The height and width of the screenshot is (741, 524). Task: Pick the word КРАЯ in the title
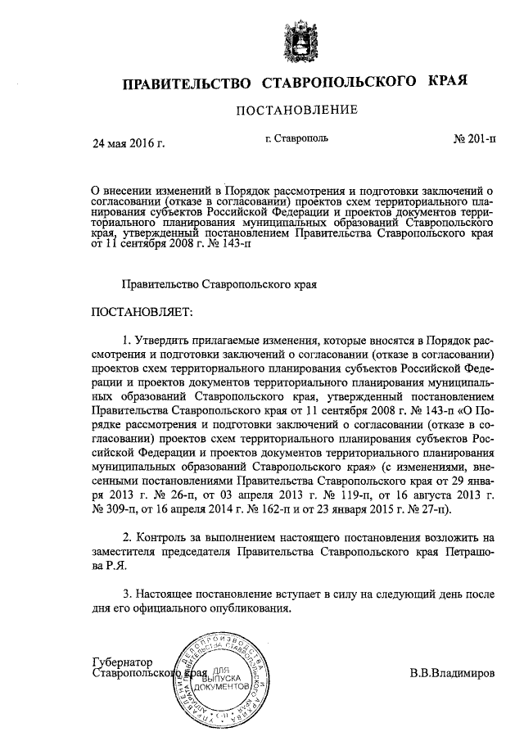(x=446, y=82)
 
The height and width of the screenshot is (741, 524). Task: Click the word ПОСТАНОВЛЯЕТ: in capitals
(x=139, y=313)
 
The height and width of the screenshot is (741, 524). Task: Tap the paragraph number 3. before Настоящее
(x=126, y=595)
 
